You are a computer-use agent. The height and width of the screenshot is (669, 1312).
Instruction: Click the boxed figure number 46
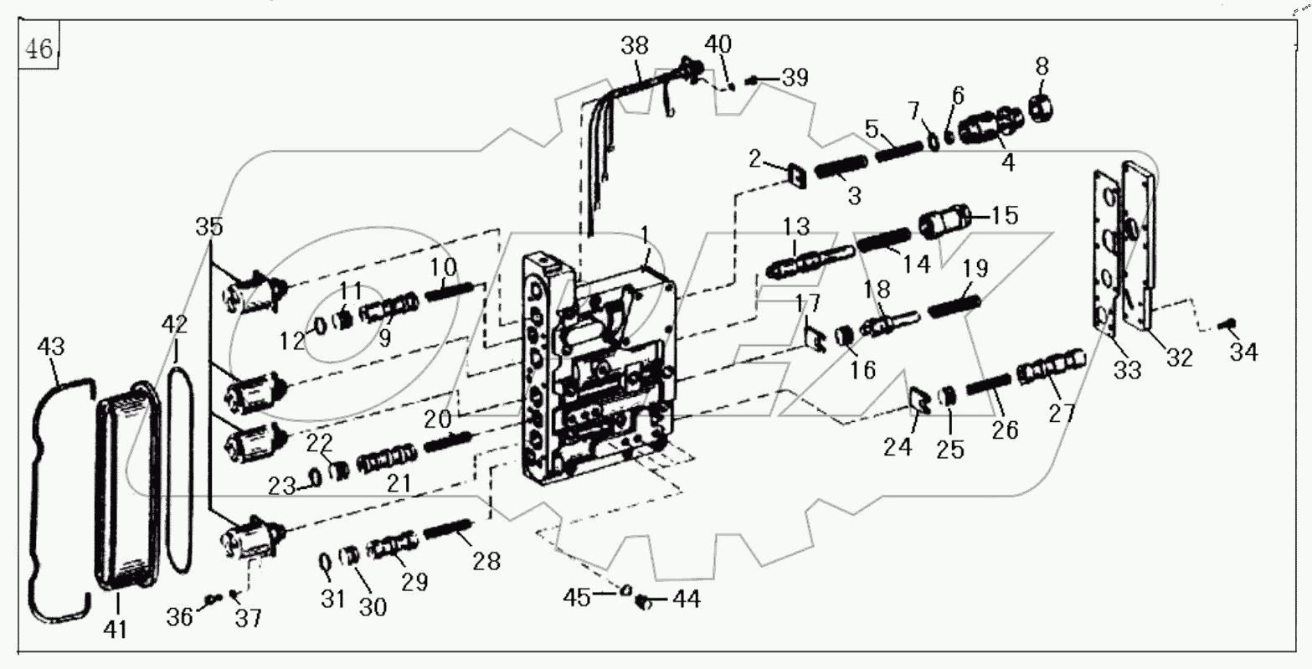[x=38, y=50]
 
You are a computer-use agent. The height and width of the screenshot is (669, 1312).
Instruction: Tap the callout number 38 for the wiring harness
[x=634, y=45]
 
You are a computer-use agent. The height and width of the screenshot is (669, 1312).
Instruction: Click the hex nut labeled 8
[x=1039, y=107]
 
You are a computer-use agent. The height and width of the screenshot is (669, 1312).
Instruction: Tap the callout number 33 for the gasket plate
[x=1127, y=368]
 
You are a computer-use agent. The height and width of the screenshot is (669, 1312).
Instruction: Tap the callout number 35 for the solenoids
[x=210, y=227]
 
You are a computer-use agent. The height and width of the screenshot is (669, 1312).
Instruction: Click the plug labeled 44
[x=644, y=600]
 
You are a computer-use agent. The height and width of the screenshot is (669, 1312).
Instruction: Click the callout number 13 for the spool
[x=796, y=227]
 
